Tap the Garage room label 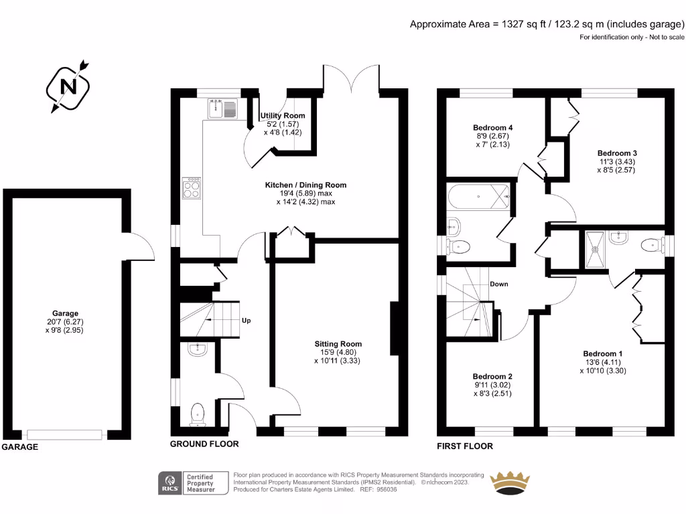pos(66,313)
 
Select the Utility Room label pos(283,116)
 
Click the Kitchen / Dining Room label pos(304,185)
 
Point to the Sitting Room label pos(338,344)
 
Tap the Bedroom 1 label pos(602,353)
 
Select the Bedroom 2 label pos(492,376)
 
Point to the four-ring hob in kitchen pos(192,187)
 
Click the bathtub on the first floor pos(478,197)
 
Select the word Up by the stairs pos(246,321)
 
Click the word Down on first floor pos(498,284)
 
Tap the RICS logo pos(169,483)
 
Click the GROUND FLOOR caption pos(204,444)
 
